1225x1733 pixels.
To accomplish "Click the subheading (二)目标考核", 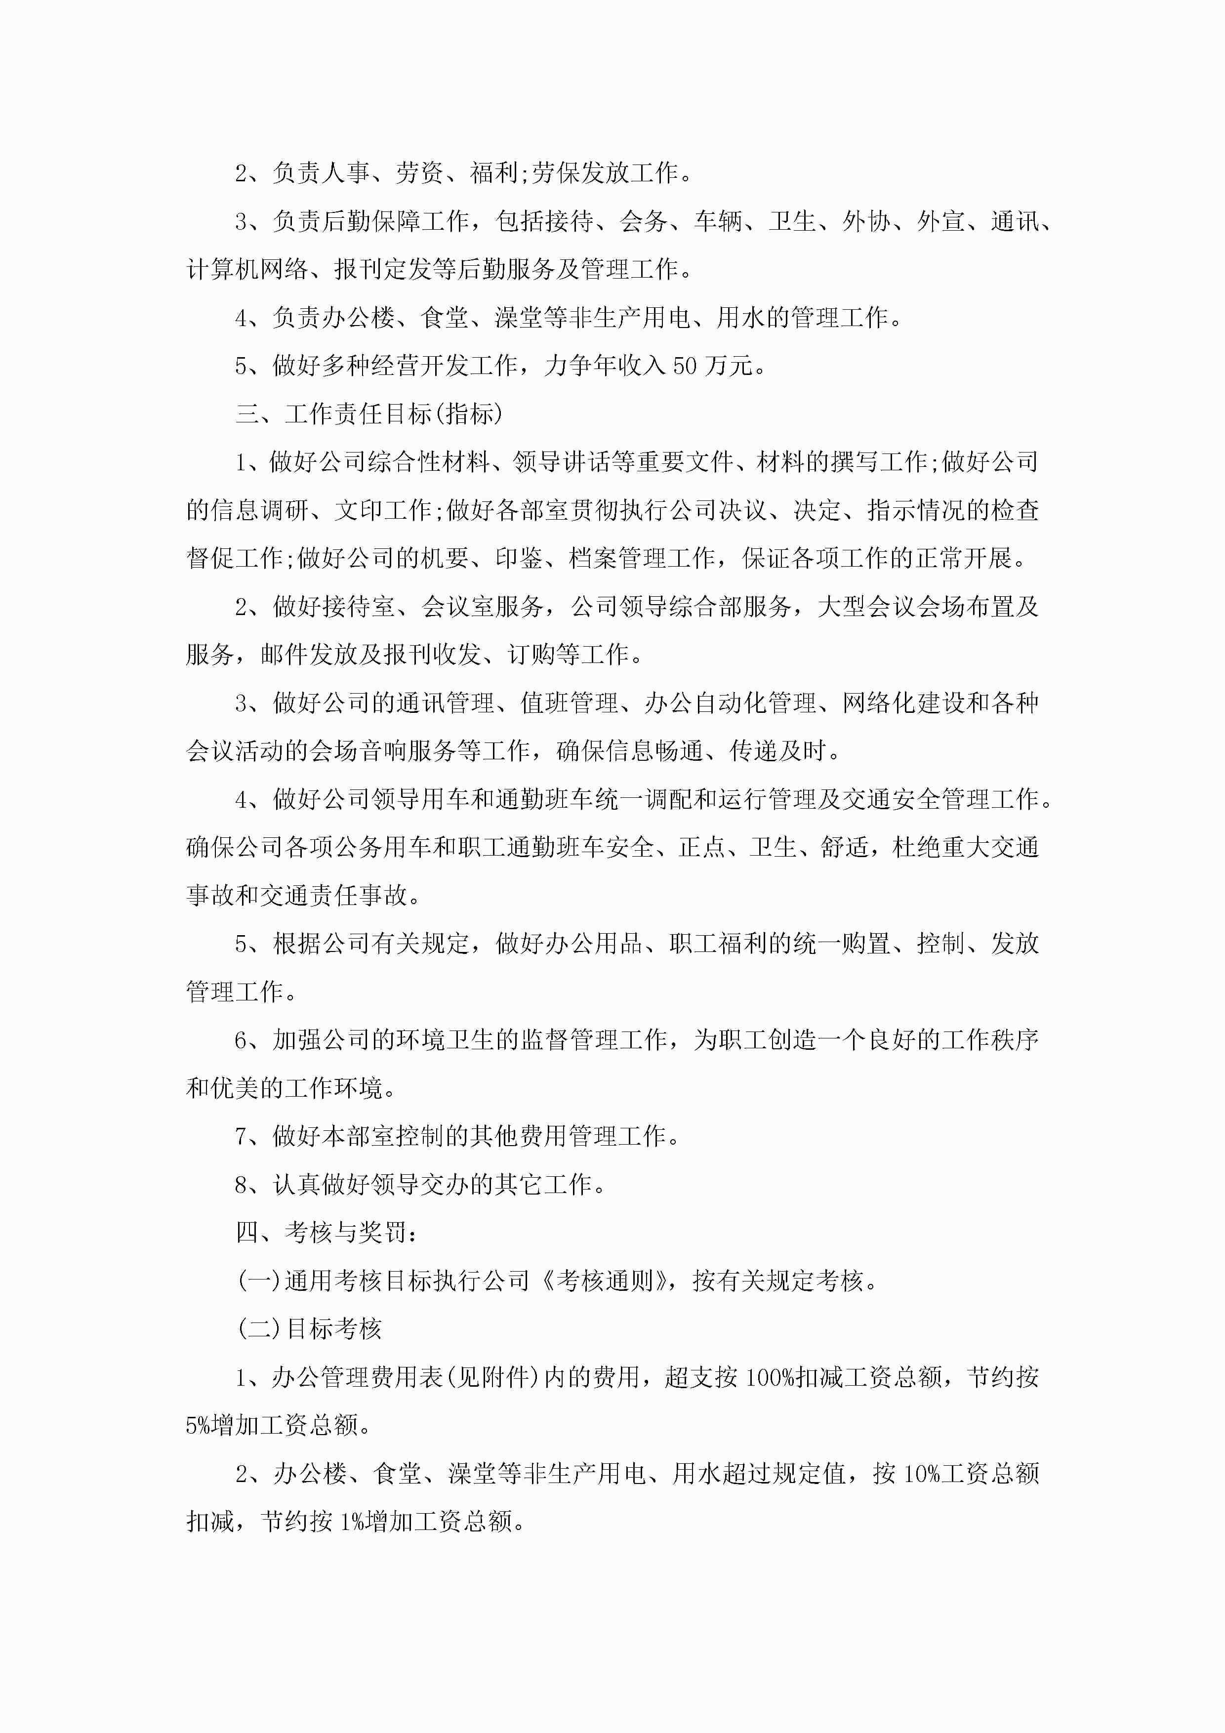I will (309, 1329).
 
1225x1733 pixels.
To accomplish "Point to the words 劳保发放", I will (580, 173).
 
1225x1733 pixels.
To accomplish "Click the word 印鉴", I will (519, 559).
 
